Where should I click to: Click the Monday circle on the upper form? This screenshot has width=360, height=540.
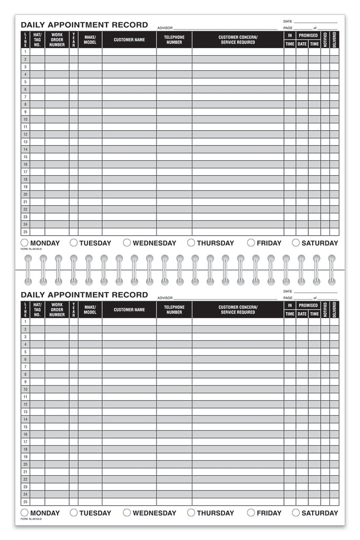click(x=25, y=243)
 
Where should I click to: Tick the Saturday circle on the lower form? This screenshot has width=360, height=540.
click(x=296, y=513)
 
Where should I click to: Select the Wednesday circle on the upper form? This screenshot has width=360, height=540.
click(x=127, y=243)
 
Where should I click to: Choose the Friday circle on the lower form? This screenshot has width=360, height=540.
click(x=251, y=513)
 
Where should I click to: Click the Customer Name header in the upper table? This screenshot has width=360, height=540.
click(x=129, y=40)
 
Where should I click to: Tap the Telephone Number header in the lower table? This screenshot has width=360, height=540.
click(x=174, y=310)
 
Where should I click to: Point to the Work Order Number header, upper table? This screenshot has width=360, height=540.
click(x=57, y=40)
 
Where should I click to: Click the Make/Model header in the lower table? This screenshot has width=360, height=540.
click(x=90, y=310)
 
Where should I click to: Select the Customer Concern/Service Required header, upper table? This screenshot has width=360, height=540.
click(x=238, y=40)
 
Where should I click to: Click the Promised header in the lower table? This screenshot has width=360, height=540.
click(x=308, y=305)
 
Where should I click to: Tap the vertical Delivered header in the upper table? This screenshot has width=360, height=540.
click(x=334, y=40)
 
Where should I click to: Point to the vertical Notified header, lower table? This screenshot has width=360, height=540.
click(x=325, y=310)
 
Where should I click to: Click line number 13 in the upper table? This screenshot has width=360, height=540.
click(x=25, y=142)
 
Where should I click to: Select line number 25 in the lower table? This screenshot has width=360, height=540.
click(x=25, y=502)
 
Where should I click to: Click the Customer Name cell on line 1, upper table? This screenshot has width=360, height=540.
click(x=129, y=52)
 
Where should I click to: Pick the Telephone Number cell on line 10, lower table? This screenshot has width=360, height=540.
click(x=174, y=389)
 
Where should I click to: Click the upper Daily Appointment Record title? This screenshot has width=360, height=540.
click(x=84, y=25)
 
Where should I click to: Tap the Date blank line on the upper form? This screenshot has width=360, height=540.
click(x=315, y=22)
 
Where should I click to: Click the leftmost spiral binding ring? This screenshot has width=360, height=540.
click(x=28, y=269)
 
